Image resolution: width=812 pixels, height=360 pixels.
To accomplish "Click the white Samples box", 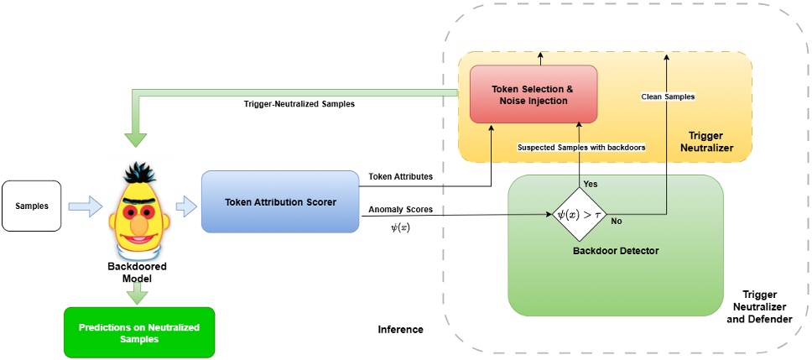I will pos(32,206).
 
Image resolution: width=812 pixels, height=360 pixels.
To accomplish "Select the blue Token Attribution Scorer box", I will pos(280,201).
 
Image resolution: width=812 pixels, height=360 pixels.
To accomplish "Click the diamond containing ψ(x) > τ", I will pos(580,215).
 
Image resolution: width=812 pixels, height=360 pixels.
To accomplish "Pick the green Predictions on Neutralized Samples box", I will pos(139,332).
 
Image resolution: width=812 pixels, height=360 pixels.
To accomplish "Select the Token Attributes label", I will pos(400,176).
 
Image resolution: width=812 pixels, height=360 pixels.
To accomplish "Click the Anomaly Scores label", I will pos(400,209).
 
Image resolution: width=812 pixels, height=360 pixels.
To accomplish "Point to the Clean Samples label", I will pos(668,97).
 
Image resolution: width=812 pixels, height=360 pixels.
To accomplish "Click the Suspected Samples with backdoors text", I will pos(581,147).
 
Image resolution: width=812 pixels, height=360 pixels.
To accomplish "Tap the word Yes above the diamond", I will pos(591,183).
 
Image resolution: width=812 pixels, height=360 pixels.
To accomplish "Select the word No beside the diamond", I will pos(617,222).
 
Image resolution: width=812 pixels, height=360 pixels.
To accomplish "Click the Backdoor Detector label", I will pos(615,250).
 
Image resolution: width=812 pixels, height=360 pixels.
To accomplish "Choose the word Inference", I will pos(400,330).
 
